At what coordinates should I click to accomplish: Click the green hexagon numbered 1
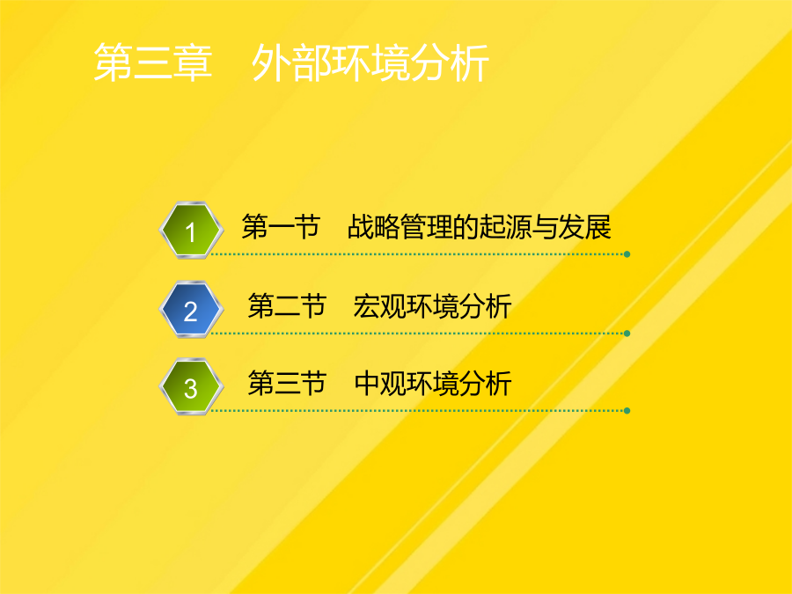pyautogui.click(x=191, y=231)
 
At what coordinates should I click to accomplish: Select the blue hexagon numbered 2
pyautogui.click(x=191, y=309)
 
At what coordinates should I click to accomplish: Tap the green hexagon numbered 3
pyautogui.click(x=191, y=387)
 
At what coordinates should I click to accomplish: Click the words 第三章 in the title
pyautogui.click(x=153, y=62)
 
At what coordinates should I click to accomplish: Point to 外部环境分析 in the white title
pyautogui.click(x=370, y=62)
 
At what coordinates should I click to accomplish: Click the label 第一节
pyautogui.click(x=281, y=226)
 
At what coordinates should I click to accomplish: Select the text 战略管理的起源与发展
pyautogui.click(x=480, y=226)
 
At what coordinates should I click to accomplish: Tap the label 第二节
pyautogui.click(x=287, y=305)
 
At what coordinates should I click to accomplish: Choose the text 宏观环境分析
pyautogui.click(x=432, y=305)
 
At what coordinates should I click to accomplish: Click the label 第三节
pyautogui.click(x=287, y=383)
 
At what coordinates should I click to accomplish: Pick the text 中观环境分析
pyautogui.click(x=433, y=383)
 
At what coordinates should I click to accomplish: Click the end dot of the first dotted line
pyautogui.click(x=627, y=254)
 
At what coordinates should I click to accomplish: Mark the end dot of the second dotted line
pyautogui.click(x=627, y=334)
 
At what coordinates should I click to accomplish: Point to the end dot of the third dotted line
pyautogui.click(x=627, y=411)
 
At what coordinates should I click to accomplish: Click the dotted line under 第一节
pyautogui.click(x=418, y=254)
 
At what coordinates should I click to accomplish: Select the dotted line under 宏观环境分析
pyautogui.click(x=418, y=334)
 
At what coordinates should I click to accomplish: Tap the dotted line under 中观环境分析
pyautogui.click(x=418, y=411)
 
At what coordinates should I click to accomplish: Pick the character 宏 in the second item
pyautogui.click(x=366, y=305)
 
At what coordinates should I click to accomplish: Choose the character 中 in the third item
pyautogui.click(x=367, y=383)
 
